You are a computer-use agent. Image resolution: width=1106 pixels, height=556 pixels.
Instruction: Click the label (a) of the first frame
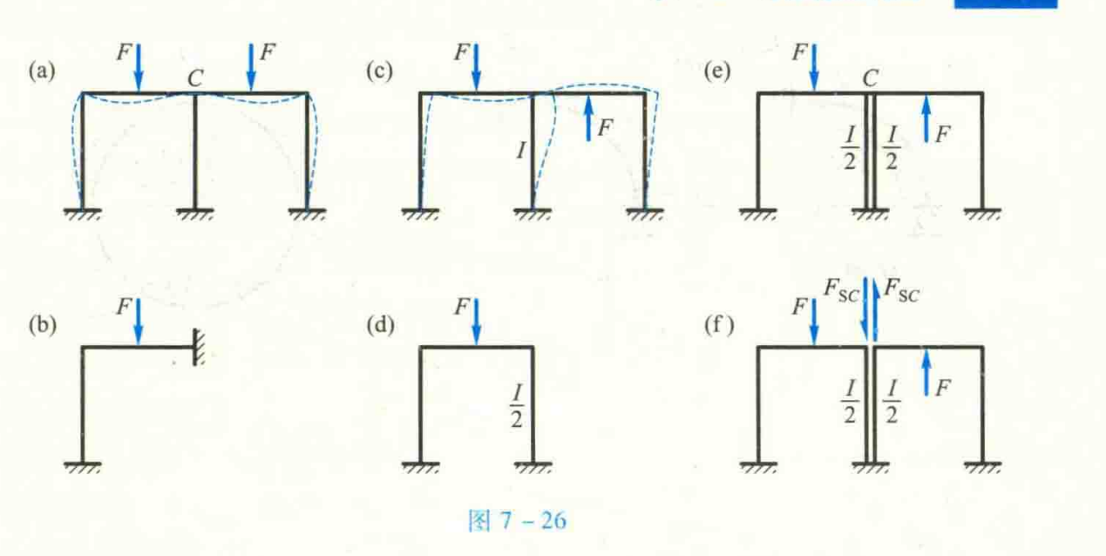coord(42,71)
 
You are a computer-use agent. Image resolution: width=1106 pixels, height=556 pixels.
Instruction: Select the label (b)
coord(43,325)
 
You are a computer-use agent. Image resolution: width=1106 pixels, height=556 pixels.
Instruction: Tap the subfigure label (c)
coord(379,71)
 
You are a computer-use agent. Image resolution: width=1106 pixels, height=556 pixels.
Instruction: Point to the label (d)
coord(380,325)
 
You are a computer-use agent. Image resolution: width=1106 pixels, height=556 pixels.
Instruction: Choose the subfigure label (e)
coord(717,71)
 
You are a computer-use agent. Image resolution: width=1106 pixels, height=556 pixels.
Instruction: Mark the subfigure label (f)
coord(719,325)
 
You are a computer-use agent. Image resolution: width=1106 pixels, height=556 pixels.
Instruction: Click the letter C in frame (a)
coord(195,78)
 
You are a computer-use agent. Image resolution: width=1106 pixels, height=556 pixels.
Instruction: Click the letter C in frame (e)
coord(871,78)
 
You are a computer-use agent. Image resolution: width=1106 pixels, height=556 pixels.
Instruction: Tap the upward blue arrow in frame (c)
coord(588,118)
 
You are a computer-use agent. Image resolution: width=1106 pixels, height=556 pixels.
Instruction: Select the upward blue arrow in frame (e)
coord(926,119)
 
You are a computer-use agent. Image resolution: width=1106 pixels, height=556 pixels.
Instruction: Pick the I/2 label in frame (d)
coord(517,406)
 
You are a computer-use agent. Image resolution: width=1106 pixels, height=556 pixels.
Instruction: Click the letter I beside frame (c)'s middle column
coord(521,151)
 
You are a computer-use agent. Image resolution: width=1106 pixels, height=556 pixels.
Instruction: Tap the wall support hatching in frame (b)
coord(199,347)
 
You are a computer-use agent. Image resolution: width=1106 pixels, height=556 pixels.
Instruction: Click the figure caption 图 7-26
coord(517,521)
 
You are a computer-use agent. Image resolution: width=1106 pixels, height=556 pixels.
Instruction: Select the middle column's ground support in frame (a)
coord(195,214)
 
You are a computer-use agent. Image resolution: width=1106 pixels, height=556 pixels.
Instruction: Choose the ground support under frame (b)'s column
coord(83,467)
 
